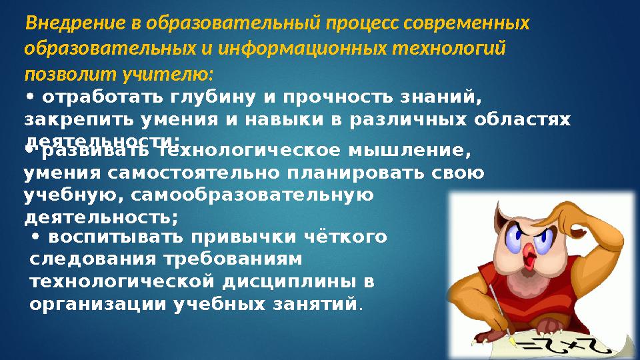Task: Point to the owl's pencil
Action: pyautogui.click(x=500, y=313)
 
